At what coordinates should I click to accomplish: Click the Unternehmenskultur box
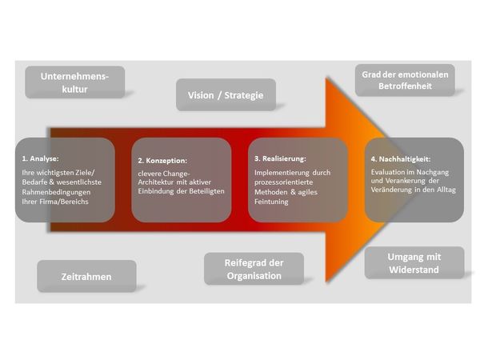click(x=75, y=82)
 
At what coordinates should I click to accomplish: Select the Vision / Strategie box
click(x=226, y=95)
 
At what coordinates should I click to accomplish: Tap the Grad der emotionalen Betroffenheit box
click(x=405, y=81)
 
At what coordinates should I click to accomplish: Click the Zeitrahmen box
click(x=86, y=277)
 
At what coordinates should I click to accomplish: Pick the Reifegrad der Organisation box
click(x=253, y=269)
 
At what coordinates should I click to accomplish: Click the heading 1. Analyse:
click(x=41, y=158)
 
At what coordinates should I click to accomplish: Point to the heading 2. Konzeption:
click(x=162, y=160)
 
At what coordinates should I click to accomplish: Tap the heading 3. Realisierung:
click(x=280, y=158)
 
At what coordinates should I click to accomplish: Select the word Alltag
click(x=444, y=190)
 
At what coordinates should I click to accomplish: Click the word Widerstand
click(x=414, y=269)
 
